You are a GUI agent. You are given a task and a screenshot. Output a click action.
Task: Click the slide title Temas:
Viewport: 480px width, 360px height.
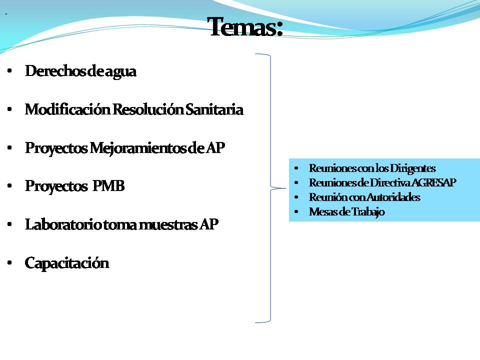[x=245, y=26]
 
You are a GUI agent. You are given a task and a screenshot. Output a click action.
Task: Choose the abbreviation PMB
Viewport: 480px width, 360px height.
[x=108, y=186]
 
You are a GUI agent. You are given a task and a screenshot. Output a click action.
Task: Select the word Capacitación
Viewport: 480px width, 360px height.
[x=66, y=263]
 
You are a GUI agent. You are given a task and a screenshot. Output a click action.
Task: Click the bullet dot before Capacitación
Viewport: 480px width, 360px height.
[x=9, y=263]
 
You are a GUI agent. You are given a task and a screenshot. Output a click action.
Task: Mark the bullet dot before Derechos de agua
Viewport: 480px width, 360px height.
[x=9, y=72]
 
